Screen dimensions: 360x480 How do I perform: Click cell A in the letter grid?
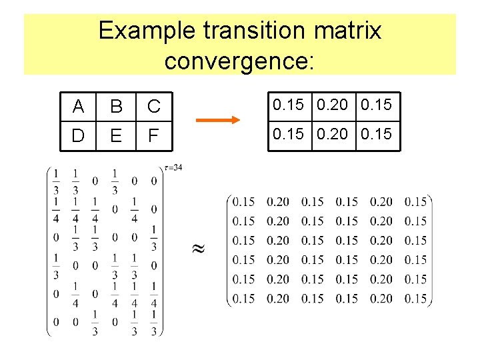coord(79,107)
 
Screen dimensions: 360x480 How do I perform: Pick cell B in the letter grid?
coord(116,107)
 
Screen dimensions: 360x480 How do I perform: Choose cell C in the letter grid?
coord(154,107)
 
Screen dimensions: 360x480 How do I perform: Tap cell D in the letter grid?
coord(79,136)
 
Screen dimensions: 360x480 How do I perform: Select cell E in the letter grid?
coord(116,136)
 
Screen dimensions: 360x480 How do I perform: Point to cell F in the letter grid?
coord(154,136)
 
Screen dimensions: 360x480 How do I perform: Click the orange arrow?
coord(217,121)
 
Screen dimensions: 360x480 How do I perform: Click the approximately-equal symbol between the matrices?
coord(198,249)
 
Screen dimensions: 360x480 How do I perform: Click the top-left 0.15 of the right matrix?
coord(245,201)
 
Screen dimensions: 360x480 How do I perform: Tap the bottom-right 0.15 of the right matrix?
coord(416,299)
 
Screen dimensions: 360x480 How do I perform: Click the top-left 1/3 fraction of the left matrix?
coord(56,181)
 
